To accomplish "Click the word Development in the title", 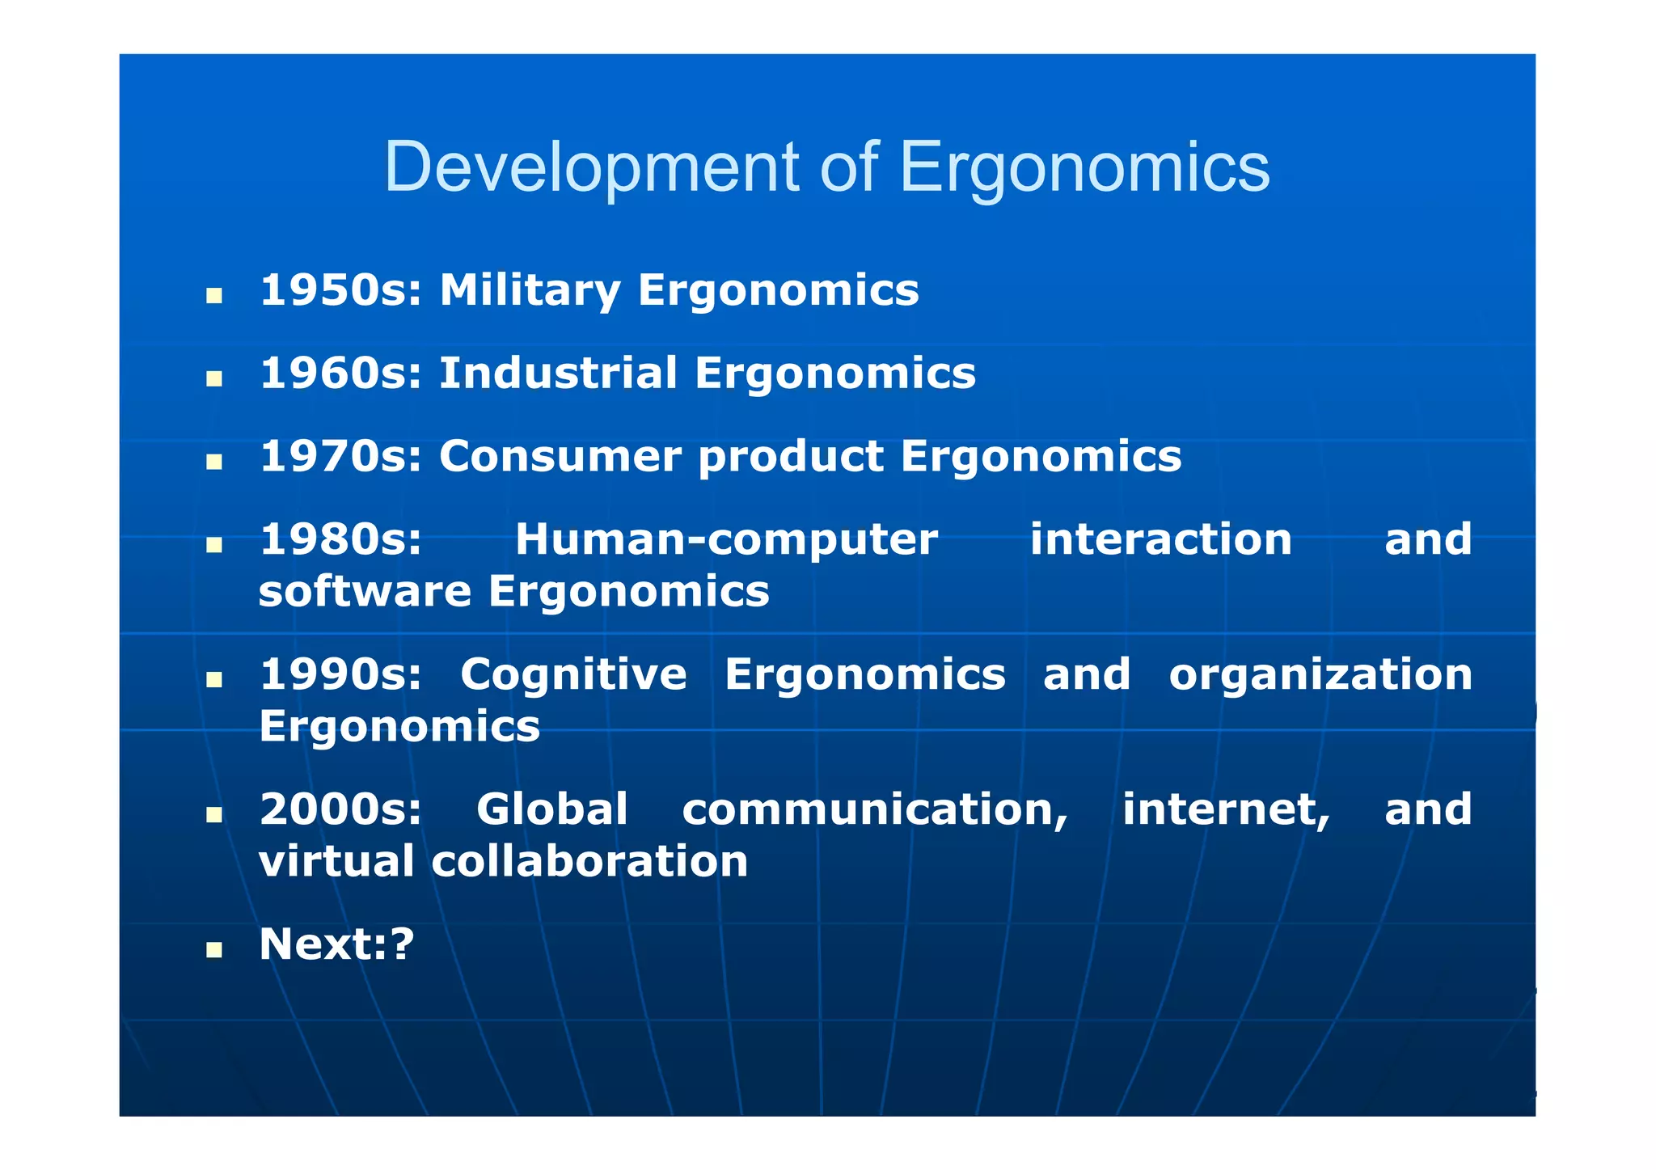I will tap(592, 168).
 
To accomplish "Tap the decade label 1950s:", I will tap(341, 290).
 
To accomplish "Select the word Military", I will tap(529, 292).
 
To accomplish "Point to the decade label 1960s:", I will tap(341, 374).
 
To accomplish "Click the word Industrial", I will tap(558, 374).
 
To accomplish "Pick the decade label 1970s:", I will tap(341, 457).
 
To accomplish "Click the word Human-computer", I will tap(726, 540).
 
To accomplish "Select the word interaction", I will tap(1161, 539).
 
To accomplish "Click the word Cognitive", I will tap(573, 674).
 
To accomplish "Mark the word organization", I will tap(1320, 676).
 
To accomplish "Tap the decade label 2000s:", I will tap(341, 809).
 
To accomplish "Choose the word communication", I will tap(875, 810).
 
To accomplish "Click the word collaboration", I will tap(589, 861).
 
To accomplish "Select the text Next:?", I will tap(336, 944).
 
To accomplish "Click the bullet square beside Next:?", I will tap(214, 949).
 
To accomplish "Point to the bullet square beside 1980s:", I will tap(214, 546).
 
